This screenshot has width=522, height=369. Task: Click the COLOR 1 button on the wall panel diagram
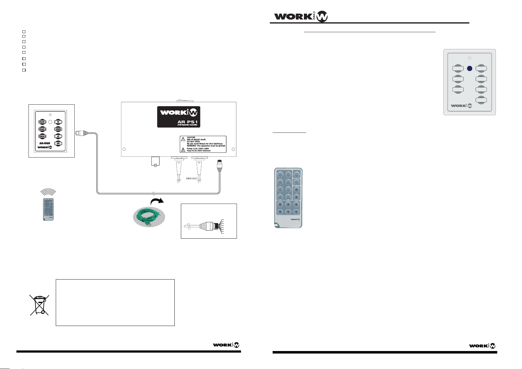point(42,122)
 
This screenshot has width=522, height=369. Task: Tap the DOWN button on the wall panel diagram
point(58,129)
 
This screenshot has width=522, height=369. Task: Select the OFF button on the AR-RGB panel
point(58,143)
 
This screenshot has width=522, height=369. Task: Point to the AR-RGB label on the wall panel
point(45,143)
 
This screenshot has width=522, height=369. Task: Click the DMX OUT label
point(192,179)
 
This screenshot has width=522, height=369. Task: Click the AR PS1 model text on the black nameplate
point(187,122)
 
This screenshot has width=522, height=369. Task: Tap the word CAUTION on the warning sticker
point(191,137)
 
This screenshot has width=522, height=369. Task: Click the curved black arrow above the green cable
point(157,202)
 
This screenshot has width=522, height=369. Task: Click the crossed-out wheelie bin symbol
point(39,305)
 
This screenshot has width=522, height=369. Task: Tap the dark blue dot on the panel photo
point(470,68)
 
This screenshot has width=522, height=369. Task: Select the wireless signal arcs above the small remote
point(48,193)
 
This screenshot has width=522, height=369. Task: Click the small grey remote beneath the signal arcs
point(48,210)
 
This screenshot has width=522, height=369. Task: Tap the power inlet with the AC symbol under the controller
point(155,162)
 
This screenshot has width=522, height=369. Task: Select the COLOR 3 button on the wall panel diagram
point(42,137)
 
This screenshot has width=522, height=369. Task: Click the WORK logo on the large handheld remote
point(295,220)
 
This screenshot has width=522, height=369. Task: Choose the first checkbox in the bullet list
point(24,32)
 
